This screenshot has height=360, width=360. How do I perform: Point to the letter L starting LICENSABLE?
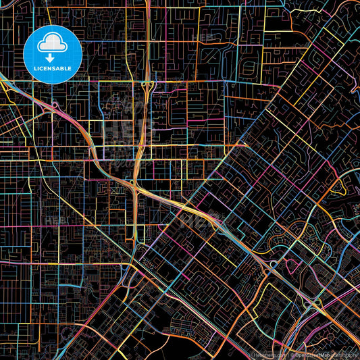click(x=34, y=68)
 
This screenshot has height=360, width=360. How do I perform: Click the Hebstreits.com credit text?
click(x=269, y=353)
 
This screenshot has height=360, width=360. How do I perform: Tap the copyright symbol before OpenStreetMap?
click(x=292, y=353)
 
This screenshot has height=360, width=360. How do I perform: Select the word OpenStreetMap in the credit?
click(x=311, y=353)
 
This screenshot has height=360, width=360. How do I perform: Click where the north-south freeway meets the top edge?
click(x=147, y=2)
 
